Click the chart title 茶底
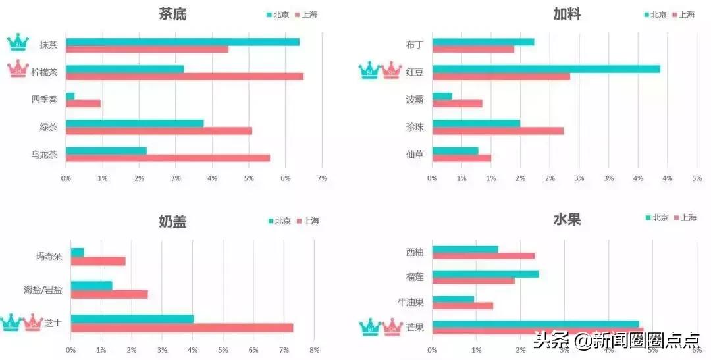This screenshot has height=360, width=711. click(172, 14)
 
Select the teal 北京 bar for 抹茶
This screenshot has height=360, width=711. click(182, 42)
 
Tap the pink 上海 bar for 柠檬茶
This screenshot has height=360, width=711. click(184, 76)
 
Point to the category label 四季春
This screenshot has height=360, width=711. click(44, 99)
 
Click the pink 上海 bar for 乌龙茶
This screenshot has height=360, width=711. click(168, 158)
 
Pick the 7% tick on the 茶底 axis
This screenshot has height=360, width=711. click(322, 178)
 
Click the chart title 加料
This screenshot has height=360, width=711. click(567, 14)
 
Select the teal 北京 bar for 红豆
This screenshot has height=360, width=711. click(546, 69)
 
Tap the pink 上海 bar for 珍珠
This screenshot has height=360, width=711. click(498, 130)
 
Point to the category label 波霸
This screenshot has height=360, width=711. click(415, 99)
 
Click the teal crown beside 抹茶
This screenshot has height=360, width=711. click(18, 43)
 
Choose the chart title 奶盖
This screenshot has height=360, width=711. click(172, 222)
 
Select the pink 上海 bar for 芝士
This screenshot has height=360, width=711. click(182, 328)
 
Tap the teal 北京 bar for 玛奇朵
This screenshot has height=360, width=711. click(78, 253)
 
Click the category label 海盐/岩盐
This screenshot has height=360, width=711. click(42, 290)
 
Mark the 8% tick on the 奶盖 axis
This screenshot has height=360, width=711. click(314, 349)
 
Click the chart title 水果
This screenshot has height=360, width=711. click(567, 220)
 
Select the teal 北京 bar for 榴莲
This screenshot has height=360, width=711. click(485, 274)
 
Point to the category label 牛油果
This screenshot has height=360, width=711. click(410, 302)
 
